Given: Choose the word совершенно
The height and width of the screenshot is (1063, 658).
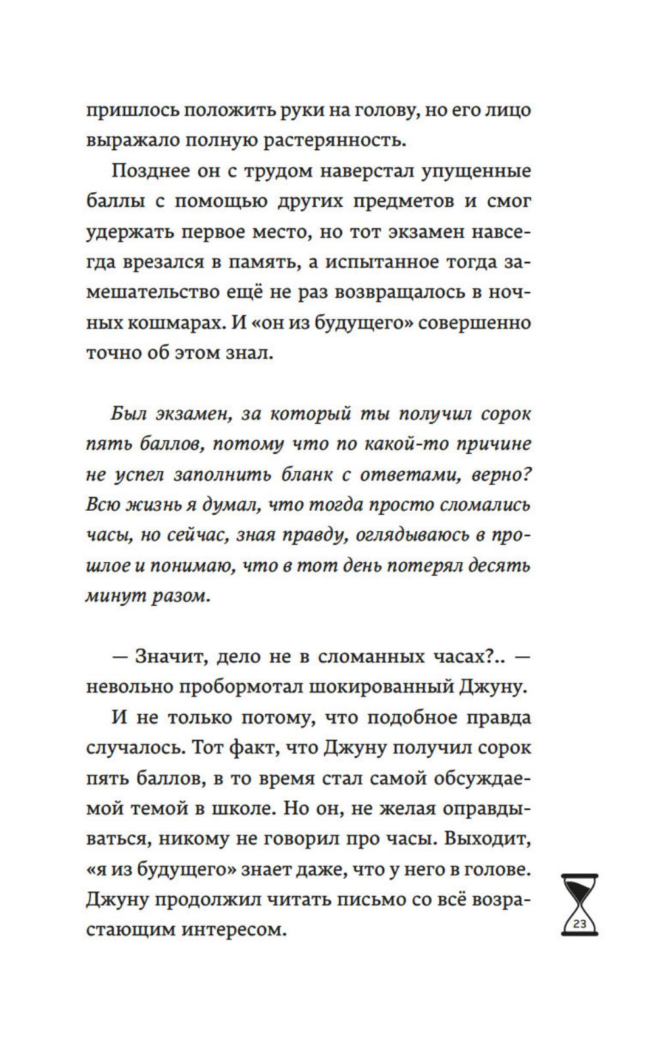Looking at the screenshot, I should coord(473,323).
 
